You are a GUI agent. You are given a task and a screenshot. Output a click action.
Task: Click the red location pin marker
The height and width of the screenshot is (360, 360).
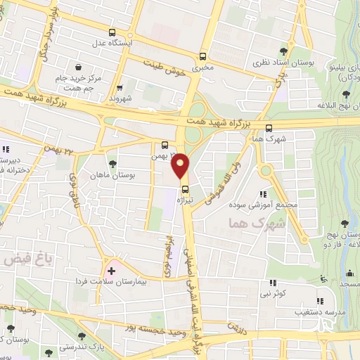(x=181, y=166)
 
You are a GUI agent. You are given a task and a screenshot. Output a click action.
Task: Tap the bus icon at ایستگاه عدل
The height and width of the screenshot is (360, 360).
(x=112, y=32)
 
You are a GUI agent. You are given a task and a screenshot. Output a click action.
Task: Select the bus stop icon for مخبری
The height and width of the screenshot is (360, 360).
(x=203, y=57)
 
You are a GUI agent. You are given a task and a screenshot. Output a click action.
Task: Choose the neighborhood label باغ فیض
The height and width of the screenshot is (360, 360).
(x=17, y=259)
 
